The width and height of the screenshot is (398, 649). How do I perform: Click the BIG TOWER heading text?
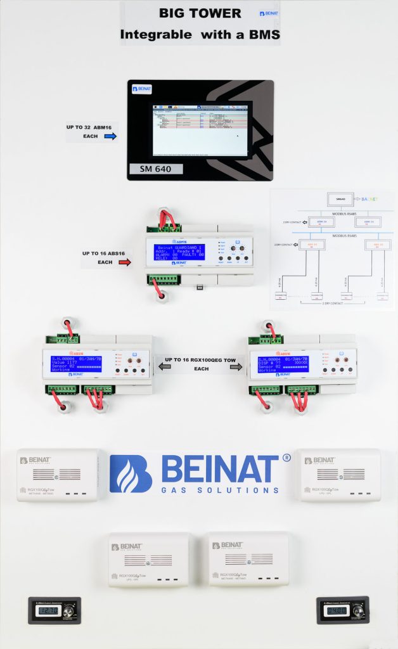pos(200,13)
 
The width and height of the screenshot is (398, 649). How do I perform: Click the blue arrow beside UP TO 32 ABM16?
pos(110,136)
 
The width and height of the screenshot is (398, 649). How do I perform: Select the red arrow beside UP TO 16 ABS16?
pos(125,262)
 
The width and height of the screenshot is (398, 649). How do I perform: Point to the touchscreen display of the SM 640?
pos(200,129)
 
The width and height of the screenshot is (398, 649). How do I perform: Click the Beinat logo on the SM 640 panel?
pos(142,89)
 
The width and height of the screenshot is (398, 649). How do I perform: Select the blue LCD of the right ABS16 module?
pos(283,365)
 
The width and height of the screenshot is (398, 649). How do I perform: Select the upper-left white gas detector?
pos(58,475)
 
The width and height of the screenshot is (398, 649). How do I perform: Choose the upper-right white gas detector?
pos(339,475)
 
